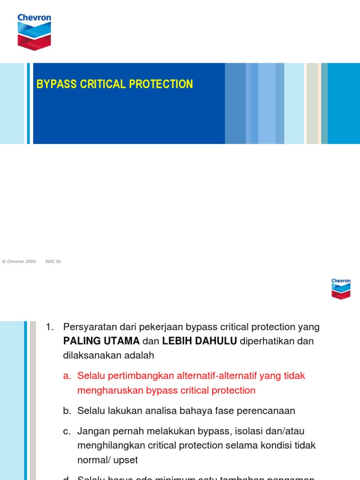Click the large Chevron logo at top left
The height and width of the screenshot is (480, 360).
(x=34, y=31)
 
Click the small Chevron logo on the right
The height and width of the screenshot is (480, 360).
(x=341, y=288)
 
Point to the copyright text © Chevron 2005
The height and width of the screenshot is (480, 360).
(x=19, y=262)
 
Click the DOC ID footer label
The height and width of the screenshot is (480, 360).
(x=53, y=262)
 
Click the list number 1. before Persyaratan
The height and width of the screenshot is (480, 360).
(x=51, y=327)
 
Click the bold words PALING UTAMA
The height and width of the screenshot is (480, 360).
(x=101, y=341)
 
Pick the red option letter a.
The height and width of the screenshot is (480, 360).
(x=67, y=376)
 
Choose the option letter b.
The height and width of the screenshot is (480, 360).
(x=67, y=411)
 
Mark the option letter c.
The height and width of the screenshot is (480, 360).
(x=67, y=430)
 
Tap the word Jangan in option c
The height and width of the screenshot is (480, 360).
(x=92, y=430)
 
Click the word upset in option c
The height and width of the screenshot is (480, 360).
(x=125, y=460)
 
